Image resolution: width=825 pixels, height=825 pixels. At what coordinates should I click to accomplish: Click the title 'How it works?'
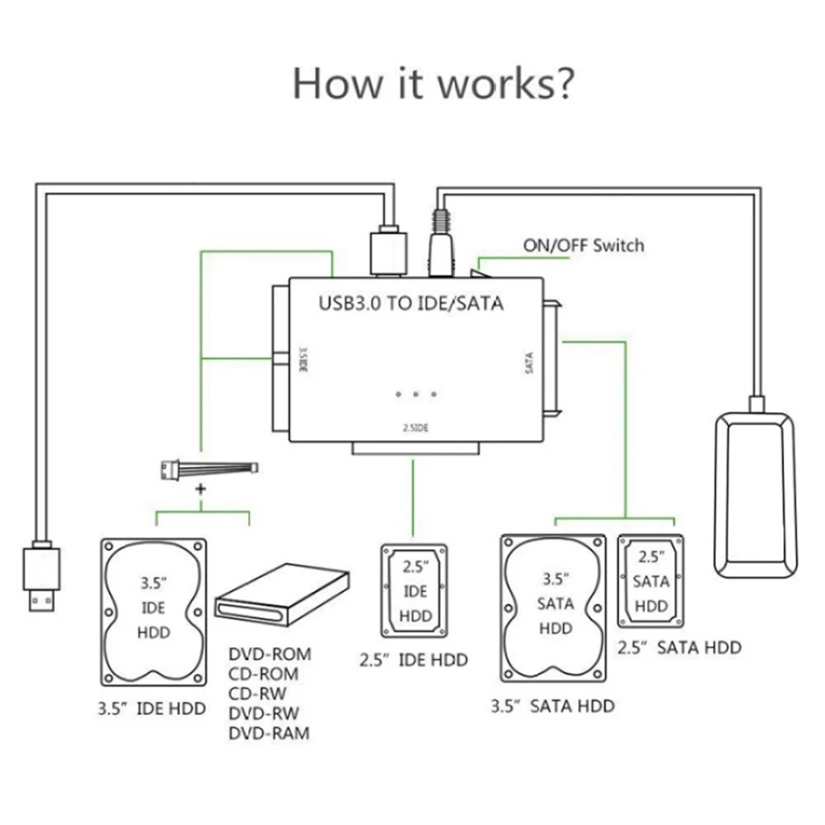(x=434, y=84)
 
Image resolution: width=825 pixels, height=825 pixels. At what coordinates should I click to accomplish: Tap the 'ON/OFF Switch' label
(x=583, y=244)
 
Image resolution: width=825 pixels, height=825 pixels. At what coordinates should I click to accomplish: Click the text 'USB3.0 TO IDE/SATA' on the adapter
(x=411, y=304)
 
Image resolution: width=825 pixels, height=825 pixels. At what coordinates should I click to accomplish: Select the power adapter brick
(x=753, y=495)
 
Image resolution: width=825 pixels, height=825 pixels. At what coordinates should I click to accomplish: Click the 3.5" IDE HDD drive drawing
(x=153, y=608)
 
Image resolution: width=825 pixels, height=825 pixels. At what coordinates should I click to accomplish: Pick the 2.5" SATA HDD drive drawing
(x=651, y=580)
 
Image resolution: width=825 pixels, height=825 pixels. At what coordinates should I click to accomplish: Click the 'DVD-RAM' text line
(x=269, y=734)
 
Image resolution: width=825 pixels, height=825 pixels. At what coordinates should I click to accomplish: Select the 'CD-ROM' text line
(x=264, y=673)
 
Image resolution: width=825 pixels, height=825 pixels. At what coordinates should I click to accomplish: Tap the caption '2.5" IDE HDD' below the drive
(x=413, y=660)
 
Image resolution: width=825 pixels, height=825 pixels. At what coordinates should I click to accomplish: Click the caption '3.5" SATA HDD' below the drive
(x=552, y=705)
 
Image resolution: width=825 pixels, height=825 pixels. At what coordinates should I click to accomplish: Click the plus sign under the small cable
(x=201, y=490)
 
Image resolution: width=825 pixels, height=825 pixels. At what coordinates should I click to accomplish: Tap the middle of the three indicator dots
(x=416, y=394)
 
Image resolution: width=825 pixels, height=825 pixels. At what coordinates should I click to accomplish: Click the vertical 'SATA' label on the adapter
(x=529, y=361)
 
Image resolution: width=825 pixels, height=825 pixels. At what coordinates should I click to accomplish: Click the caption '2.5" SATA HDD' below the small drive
(x=679, y=646)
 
